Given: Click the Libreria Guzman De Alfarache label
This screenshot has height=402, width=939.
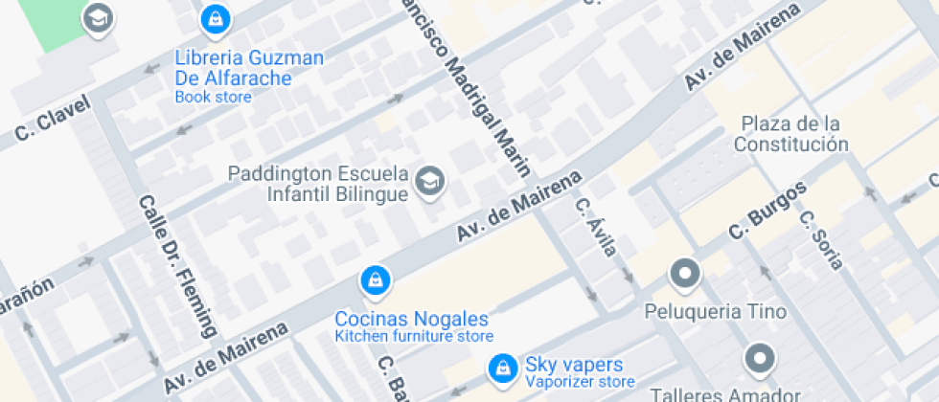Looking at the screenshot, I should [249, 68].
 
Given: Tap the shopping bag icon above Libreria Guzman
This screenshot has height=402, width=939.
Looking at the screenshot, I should [214, 18].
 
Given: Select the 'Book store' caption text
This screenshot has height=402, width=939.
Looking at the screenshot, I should [213, 97].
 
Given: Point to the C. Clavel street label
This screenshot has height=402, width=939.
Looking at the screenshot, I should [53, 120].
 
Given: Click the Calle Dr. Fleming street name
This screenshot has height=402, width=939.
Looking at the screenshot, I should [176, 267].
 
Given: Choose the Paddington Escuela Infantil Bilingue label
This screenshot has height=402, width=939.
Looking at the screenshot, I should [318, 184].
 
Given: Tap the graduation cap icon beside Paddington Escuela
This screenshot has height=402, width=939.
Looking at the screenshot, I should [430, 179].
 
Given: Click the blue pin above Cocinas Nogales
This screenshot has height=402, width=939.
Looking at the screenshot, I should [374, 280].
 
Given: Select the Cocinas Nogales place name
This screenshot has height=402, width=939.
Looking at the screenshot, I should [411, 319].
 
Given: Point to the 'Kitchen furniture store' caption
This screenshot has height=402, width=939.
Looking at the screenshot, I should [414, 336].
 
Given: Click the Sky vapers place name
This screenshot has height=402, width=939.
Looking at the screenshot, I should [574, 365].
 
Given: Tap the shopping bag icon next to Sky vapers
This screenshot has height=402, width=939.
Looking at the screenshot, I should [501, 368].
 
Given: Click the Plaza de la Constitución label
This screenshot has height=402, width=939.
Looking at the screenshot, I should [790, 134].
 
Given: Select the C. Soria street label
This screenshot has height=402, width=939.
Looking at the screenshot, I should [821, 239].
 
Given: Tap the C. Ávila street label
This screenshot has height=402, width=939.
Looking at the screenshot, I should [595, 227].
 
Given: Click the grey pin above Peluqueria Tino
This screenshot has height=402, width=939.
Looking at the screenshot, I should [685, 274].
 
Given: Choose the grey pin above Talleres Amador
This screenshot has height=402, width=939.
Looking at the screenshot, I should [759, 358].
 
